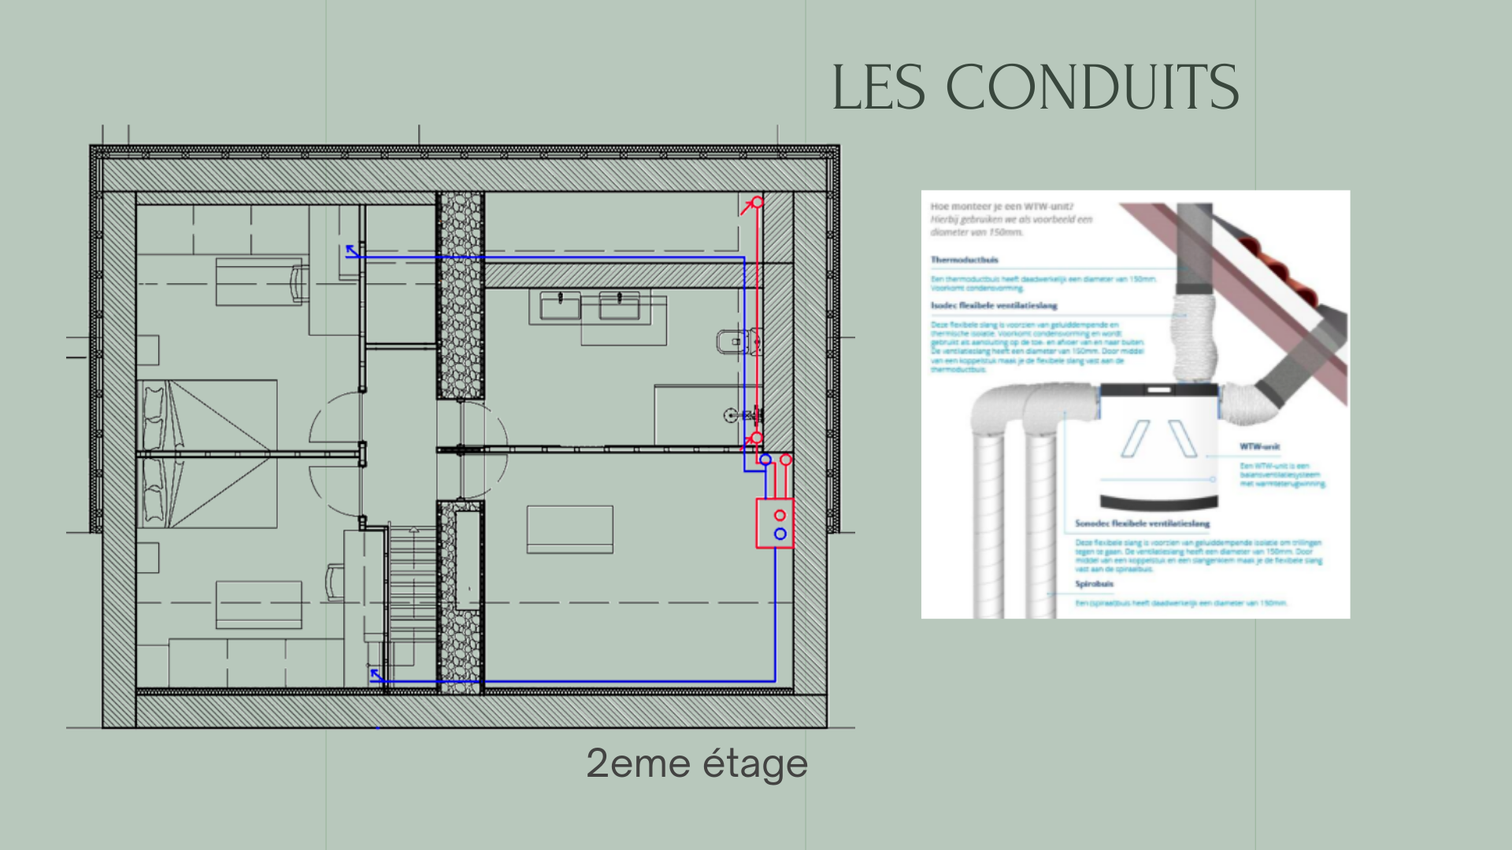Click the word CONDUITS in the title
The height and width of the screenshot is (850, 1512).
[1091, 87]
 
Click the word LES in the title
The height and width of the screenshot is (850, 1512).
[878, 87]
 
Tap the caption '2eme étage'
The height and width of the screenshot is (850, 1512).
[696, 763]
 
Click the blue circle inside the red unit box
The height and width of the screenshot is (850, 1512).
[780, 534]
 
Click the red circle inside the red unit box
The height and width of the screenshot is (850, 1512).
[780, 516]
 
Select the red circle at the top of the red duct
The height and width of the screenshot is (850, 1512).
[757, 202]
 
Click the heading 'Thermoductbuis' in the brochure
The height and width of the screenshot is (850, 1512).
[964, 260]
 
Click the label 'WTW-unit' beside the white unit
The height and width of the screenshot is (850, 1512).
[1259, 446]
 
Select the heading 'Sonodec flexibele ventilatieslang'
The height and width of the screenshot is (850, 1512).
[1142, 523]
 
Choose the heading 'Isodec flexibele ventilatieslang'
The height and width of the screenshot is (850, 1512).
[994, 305]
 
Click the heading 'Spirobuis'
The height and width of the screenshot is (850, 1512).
[1094, 584]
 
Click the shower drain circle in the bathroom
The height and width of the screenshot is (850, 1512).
[730, 415]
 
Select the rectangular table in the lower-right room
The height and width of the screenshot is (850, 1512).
[569, 530]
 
